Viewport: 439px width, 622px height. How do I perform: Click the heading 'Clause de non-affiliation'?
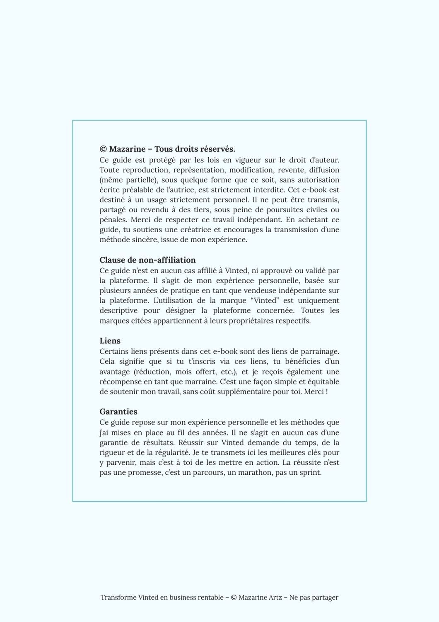pyautogui.click(x=147, y=260)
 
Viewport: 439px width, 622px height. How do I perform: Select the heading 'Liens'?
pyautogui.click(x=110, y=341)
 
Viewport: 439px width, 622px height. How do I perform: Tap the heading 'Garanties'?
pyautogui.click(x=118, y=412)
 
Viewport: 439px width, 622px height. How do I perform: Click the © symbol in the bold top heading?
pyautogui.click(x=103, y=149)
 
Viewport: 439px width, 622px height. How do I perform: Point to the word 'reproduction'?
pyautogui.click(x=143, y=170)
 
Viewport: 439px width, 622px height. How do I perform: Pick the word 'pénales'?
pyautogui.click(x=113, y=220)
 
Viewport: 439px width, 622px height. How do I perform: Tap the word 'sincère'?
pyautogui.click(x=144, y=240)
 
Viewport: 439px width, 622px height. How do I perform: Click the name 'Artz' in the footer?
pyautogui.click(x=275, y=598)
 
